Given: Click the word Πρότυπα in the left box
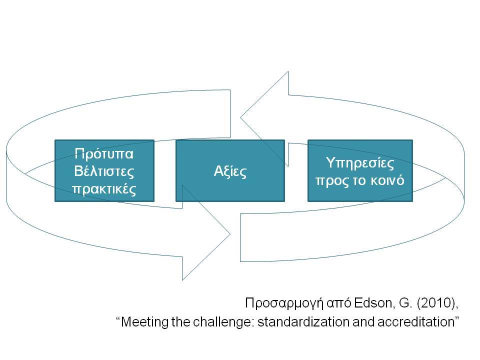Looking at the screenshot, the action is point(104,153).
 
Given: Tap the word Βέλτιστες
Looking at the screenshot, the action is point(104,171).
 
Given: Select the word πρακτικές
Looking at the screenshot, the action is point(104,189).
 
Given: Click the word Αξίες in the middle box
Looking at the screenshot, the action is point(230,171).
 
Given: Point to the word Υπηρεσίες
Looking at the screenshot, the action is point(360,163).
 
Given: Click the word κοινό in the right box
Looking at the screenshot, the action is point(387,180).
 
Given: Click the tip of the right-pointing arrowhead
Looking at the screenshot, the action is point(230,234).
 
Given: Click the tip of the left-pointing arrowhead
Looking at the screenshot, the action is point(240,117).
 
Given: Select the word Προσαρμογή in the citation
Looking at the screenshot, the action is point(284,303).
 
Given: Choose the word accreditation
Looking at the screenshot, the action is point(415,322).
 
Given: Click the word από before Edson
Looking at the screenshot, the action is point(339,303).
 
